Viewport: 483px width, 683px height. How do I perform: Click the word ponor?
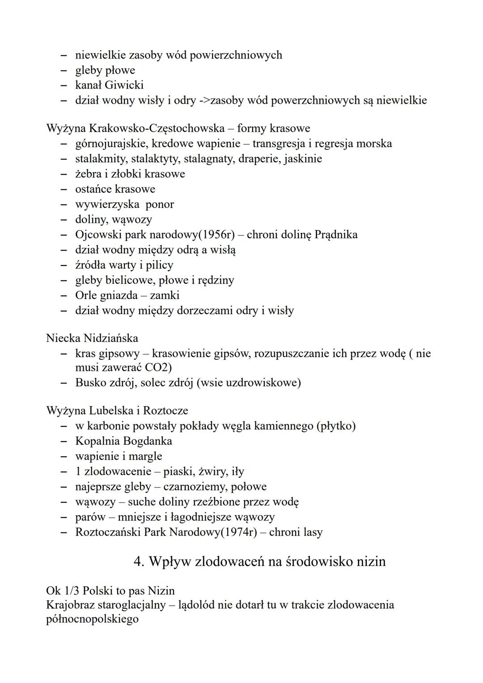[x=160, y=204]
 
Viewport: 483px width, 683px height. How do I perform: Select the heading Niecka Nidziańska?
[x=92, y=338]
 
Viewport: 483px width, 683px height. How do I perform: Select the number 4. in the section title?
[x=139, y=561]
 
